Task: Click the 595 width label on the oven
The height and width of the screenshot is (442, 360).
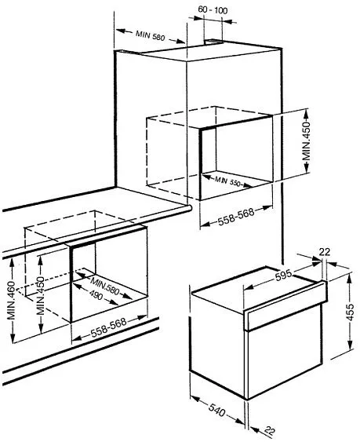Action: point(283,276)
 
